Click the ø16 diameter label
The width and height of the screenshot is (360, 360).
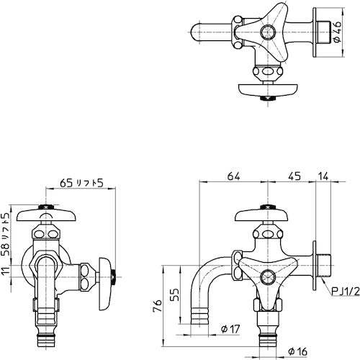[x=296, y=351]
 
